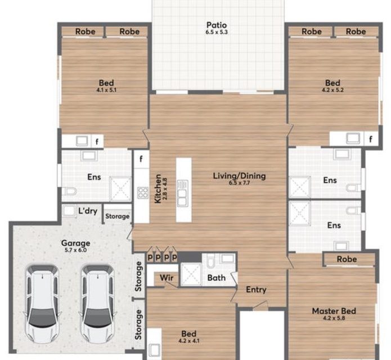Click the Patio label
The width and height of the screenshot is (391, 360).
[x=217, y=25]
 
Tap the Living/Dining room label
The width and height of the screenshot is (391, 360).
[x=239, y=176]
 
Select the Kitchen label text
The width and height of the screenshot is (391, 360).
[x=158, y=188]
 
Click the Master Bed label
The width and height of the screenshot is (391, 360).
[x=334, y=311]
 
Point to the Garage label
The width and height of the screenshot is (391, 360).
[x=75, y=243]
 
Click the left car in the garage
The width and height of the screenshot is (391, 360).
[x=42, y=305]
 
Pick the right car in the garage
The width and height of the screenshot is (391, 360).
[x=98, y=305]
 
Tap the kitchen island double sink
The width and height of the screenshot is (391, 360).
[x=183, y=193]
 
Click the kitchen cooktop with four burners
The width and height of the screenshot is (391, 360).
[x=143, y=193]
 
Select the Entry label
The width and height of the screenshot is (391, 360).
[x=256, y=290]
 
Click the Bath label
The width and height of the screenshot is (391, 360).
[x=217, y=278]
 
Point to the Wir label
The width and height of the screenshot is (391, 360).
[x=167, y=277]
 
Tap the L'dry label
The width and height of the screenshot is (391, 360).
[x=88, y=211]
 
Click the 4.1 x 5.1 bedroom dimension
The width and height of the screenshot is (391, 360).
[x=106, y=90]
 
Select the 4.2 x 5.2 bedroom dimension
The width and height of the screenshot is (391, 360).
[x=332, y=90]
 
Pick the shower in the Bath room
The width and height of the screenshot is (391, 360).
[x=191, y=274]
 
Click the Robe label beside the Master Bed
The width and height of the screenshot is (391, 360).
[x=347, y=259]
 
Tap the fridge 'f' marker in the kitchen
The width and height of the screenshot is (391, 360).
[x=141, y=159]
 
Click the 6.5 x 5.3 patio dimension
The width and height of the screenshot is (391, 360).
[x=217, y=32]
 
